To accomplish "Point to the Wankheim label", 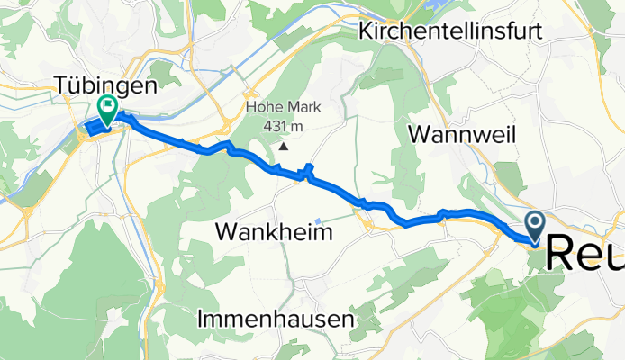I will tap(274, 232).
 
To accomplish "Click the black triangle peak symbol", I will tap(285, 146).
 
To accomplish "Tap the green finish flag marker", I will tap(107, 108).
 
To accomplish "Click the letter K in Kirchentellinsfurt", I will tap(366, 31).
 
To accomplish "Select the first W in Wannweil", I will tap(420, 135).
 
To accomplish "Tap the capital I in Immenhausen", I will tap(200, 319).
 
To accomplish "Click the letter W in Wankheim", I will tap(227, 232).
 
